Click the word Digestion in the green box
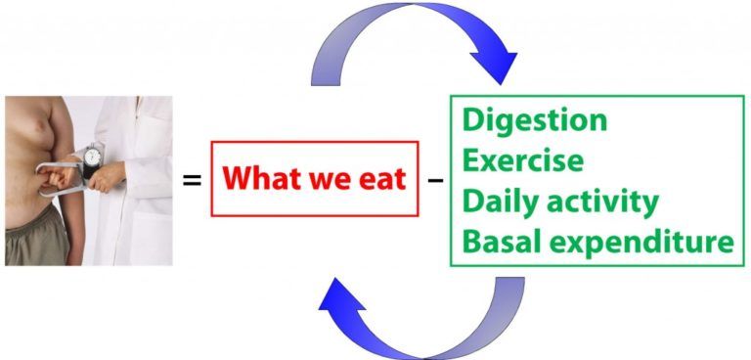tap(534, 120)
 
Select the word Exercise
tap(522, 159)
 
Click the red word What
tap(260, 180)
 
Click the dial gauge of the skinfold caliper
tap(92, 157)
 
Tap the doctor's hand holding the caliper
tap(109, 175)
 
